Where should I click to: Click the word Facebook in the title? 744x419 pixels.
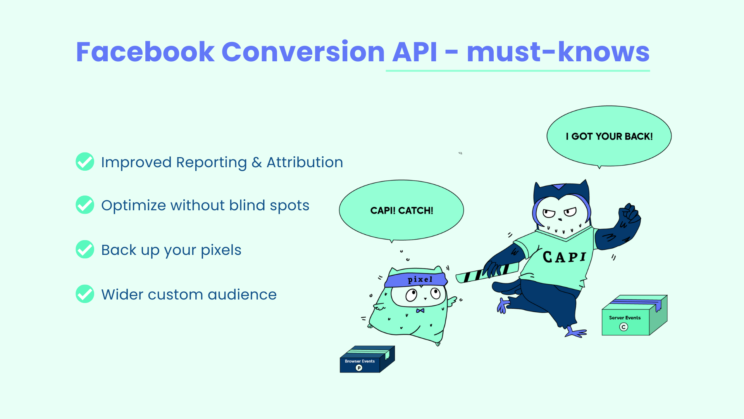tap(145, 52)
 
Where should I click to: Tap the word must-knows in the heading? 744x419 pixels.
tap(558, 52)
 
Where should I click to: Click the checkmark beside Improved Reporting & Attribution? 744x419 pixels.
tap(85, 161)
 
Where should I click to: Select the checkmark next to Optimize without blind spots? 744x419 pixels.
tap(85, 204)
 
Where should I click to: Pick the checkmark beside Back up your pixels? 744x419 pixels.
tap(85, 249)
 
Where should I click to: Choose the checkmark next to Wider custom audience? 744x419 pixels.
tap(85, 294)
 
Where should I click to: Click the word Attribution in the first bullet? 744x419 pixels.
tap(305, 162)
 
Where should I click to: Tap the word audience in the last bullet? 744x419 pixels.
tap(242, 294)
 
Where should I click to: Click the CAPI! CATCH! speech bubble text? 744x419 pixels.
tap(402, 211)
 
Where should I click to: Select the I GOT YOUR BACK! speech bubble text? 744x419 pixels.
tap(609, 137)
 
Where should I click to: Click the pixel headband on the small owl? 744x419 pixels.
tap(417, 279)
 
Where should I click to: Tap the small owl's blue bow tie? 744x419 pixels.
tap(420, 310)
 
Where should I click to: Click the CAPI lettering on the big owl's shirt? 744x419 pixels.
tap(565, 257)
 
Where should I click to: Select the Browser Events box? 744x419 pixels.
tap(367, 359)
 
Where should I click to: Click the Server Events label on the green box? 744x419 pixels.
tap(625, 318)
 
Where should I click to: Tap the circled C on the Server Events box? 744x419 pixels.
tap(623, 327)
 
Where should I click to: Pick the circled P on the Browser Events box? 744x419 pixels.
tap(359, 368)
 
